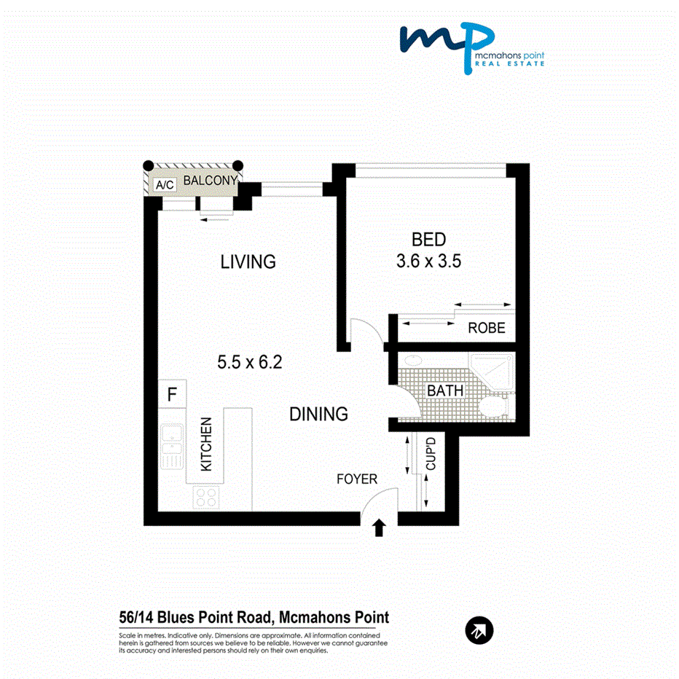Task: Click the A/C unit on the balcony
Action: click(165, 185)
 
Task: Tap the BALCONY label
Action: click(211, 180)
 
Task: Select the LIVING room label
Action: click(248, 262)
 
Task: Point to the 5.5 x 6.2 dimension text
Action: click(249, 362)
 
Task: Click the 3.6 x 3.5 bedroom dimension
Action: click(428, 261)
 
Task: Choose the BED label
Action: click(428, 240)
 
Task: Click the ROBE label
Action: click(487, 328)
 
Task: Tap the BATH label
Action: click(445, 390)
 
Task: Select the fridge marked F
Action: click(173, 393)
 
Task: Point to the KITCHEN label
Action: click(206, 444)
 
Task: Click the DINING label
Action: click(318, 414)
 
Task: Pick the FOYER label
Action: click(357, 479)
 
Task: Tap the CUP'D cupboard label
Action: click(431, 453)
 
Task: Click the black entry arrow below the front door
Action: click(379, 528)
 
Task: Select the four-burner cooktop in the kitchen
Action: click(205, 497)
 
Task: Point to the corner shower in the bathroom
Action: click(492, 372)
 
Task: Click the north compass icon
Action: click(479, 630)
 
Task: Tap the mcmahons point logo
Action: click(472, 47)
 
